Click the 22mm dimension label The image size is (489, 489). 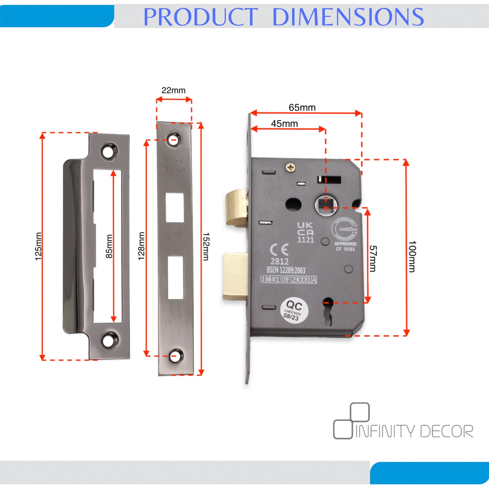173,90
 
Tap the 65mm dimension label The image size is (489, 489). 302,107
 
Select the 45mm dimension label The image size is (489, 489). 284,124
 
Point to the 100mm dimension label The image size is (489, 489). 412,256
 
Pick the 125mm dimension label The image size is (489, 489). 38,246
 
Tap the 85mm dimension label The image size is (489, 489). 109,246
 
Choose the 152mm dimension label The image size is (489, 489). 206,246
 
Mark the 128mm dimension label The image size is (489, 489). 141,246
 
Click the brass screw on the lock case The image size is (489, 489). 291,167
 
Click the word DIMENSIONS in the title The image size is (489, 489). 348,17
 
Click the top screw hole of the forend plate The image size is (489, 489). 175,139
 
